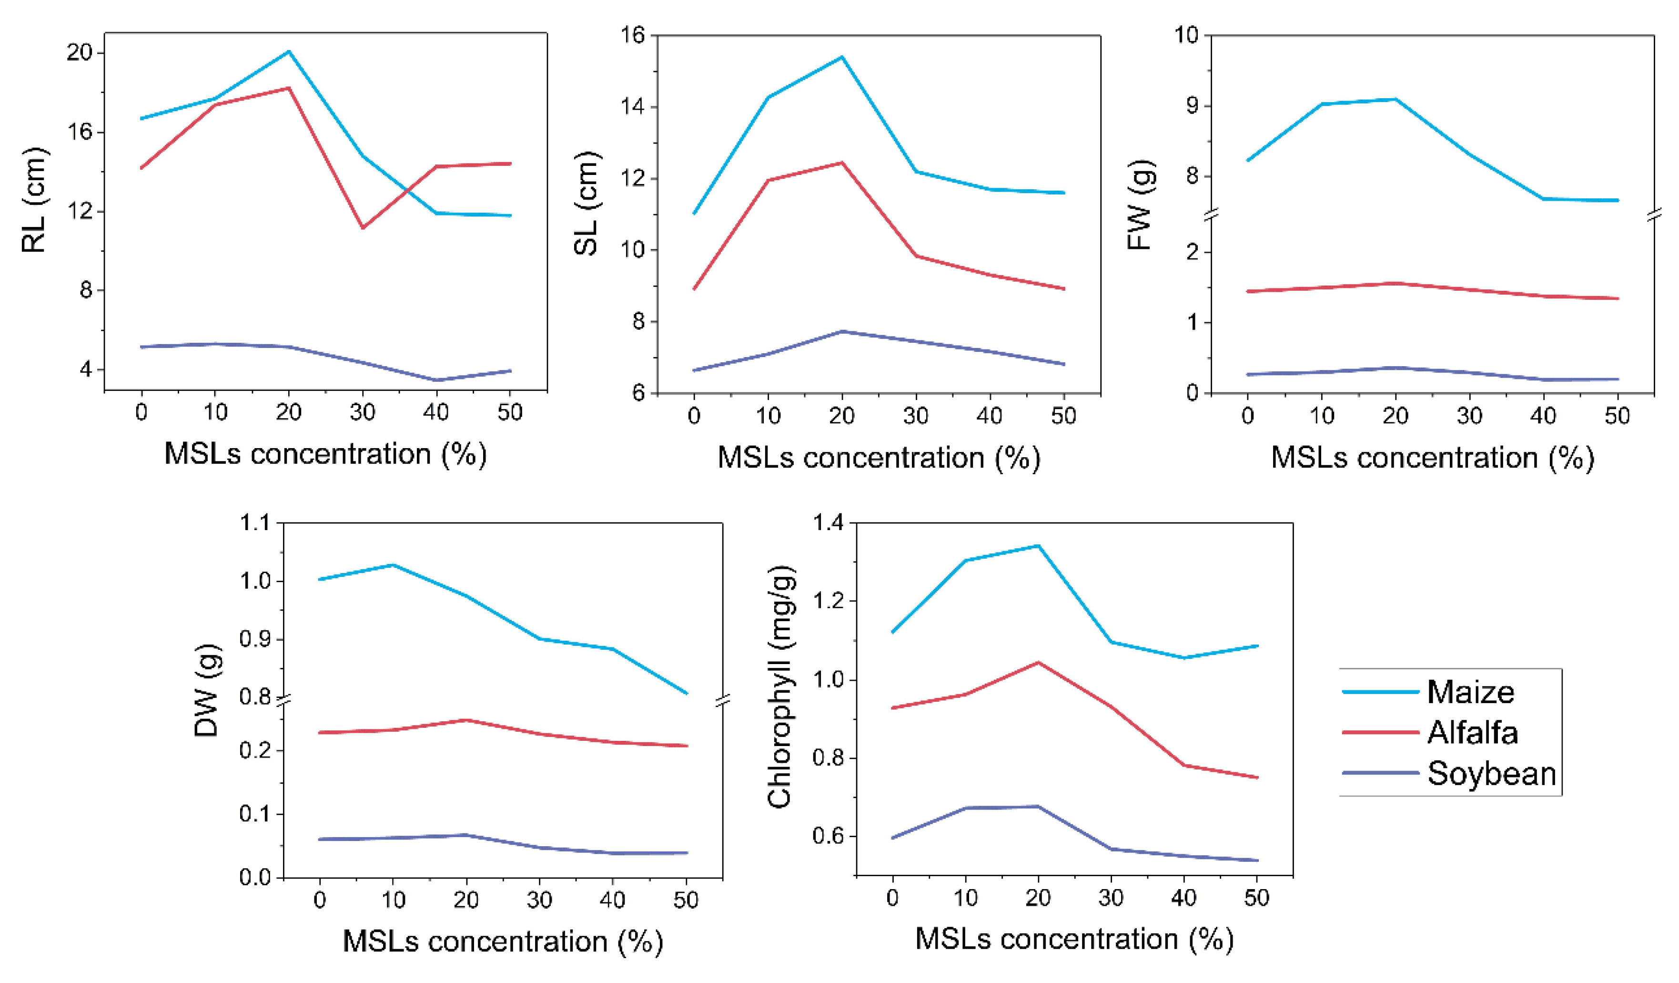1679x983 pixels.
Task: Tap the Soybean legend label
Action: (x=1491, y=774)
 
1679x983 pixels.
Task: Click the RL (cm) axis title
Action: (x=35, y=200)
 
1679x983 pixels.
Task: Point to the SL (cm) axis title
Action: (x=587, y=203)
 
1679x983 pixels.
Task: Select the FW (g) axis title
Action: (x=1140, y=205)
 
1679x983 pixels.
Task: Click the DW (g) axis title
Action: (x=207, y=690)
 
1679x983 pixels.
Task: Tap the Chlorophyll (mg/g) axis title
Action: (x=779, y=686)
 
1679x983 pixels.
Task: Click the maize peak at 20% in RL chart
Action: (x=289, y=51)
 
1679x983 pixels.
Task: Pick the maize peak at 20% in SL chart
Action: (x=841, y=57)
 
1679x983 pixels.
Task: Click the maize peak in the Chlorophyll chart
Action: (x=1037, y=546)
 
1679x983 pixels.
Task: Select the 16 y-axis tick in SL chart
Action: (x=632, y=35)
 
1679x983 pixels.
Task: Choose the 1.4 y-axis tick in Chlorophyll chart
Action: (x=828, y=523)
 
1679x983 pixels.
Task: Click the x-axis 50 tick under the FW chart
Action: (x=1617, y=417)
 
